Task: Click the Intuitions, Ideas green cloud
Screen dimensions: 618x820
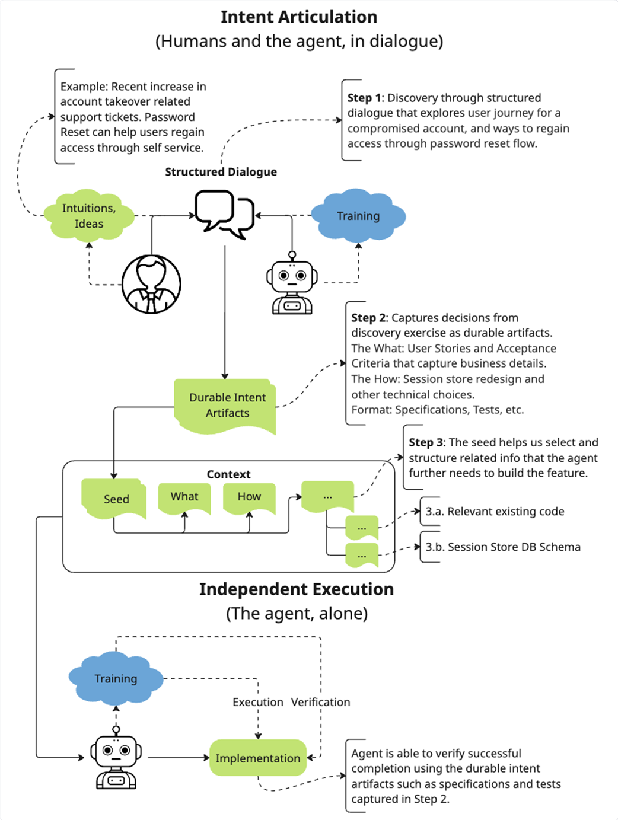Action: point(89,216)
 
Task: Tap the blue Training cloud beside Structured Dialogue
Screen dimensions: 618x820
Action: point(358,216)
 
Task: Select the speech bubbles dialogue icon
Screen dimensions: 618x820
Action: point(225,215)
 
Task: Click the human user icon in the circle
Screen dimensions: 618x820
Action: point(151,284)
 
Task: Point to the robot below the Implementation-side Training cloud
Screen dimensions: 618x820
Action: point(116,758)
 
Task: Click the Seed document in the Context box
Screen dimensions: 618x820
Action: point(114,499)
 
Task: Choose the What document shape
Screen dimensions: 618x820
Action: point(184,498)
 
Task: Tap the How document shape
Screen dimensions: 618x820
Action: point(249,498)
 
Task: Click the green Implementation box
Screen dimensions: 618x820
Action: point(258,758)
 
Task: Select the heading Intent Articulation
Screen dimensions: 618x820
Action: point(299,17)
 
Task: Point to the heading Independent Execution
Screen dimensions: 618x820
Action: point(297,589)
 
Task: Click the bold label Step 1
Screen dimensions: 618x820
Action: point(364,98)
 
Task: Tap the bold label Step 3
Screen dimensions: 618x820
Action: point(426,442)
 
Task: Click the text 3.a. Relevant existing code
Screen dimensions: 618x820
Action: point(495,512)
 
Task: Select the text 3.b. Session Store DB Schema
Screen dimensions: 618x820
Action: point(503,547)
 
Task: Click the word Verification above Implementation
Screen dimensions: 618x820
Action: point(321,703)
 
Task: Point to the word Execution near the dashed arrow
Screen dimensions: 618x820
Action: point(258,703)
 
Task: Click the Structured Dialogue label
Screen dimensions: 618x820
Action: point(221,172)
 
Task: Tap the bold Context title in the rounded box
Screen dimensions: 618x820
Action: point(229,474)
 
